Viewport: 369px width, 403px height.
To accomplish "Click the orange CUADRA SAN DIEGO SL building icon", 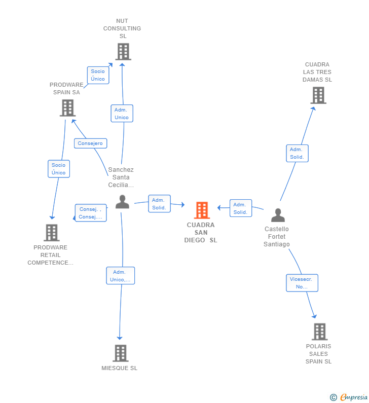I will click(202, 210).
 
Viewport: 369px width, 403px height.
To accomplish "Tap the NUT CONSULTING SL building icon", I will click(123, 52).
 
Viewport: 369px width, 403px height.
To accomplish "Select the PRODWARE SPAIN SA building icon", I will click(67, 108).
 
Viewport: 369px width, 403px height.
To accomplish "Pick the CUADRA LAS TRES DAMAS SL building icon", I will click(318, 95).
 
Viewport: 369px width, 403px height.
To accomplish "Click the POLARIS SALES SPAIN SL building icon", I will click(319, 332).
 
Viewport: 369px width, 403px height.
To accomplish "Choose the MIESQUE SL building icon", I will click(120, 353).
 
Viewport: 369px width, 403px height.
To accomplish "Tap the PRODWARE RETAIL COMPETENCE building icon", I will click(52, 233).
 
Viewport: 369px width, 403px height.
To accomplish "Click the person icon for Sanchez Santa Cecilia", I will click(122, 202).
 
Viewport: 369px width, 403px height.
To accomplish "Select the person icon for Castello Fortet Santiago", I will click(278, 215).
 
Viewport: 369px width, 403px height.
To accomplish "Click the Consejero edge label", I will click(90, 143).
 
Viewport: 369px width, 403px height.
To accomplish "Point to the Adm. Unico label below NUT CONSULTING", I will click(122, 114).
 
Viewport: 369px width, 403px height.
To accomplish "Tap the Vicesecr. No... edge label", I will click(302, 283).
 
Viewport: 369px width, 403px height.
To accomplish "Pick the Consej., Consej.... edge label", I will click(91, 213).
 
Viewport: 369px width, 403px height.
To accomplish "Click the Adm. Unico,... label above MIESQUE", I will click(120, 276).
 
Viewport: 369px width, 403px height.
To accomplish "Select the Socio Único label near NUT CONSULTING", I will click(98, 75).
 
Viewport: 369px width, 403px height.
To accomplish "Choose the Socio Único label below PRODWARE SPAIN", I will click(59, 169).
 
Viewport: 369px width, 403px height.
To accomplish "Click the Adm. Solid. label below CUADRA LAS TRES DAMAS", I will click(297, 153).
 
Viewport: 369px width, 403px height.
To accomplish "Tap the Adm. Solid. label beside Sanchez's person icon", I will click(159, 204).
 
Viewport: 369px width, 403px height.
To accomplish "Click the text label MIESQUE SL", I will click(120, 368).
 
